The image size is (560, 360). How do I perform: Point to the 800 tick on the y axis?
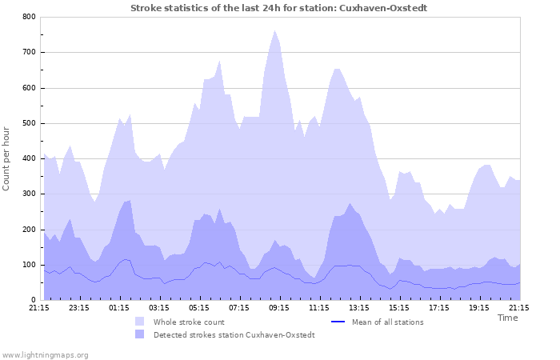click(x=27, y=17)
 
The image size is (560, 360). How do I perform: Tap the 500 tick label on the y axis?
click(x=27, y=123)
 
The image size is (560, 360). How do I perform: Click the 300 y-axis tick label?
click(x=27, y=194)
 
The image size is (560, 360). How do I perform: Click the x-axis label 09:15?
click(x=279, y=307)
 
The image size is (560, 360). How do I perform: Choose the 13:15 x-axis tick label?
click(x=359, y=307)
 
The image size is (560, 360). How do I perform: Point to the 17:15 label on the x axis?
click(x=439, y=307)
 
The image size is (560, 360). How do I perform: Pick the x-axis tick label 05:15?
click(x=199, y=307)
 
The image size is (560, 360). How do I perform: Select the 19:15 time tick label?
click(x=479, y=307)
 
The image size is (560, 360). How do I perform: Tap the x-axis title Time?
click(x=507, y=318)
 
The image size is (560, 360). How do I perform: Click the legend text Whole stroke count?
click(x=189, y=322)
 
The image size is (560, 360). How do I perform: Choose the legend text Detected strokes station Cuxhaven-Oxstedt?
click(x=234, y=334)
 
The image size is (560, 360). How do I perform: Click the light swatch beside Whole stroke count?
click(x=140, y=322)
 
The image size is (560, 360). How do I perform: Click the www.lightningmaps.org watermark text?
click(x=45, y=354)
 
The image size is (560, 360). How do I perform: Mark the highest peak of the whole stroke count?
click(x=274, y=31)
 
